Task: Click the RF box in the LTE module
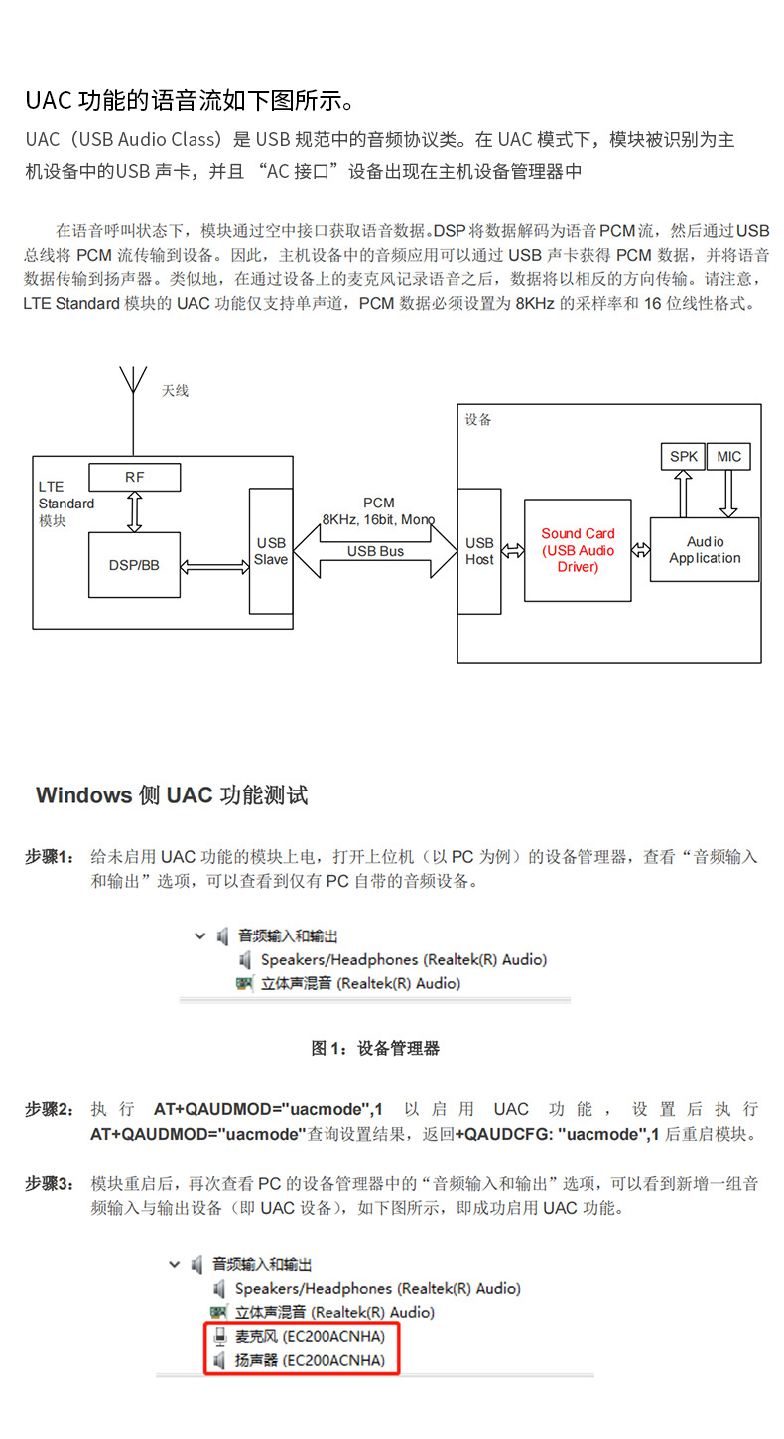pyautogui.click(x=135, y=477)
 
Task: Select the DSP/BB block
pyautogui.click(x=134, y=565)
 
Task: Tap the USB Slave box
pyautogui.click(x=271, y=551)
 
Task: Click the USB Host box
pyautogui.click(x=479, y=551)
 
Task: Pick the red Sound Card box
pyautogui.click(x=578, y=550)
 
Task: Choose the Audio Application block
pyautogui.click(x=705, y=549)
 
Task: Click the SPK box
pyautogui.click(x=683, y=457)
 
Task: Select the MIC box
pyautogui.click(x=729, y=457)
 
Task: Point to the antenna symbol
pyautogui.click(x=132, y=382)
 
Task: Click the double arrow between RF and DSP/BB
pyautogui.click(x=134, y=511)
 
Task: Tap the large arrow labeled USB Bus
pyautogui.click(x=375, y=552)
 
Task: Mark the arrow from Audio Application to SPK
pyautogui.click(x=683, y=494)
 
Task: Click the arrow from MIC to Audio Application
pyautogui.click(x=729, y=494)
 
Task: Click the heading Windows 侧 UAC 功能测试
pyautogui.click(x=172, y=795)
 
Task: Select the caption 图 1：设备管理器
pyautogui.click(x=375, y=1048)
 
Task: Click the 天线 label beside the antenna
pyautogui.click(x=175, y=391)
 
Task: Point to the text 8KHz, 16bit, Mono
pyautogui.click(x=378, y=520)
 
